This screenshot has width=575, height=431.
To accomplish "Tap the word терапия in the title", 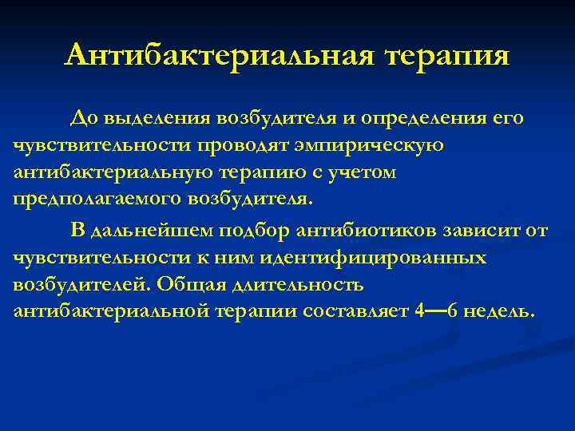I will pos(446,55).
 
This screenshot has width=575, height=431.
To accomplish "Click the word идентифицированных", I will pos(380,259).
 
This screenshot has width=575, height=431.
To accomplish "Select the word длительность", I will pos(295,285).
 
